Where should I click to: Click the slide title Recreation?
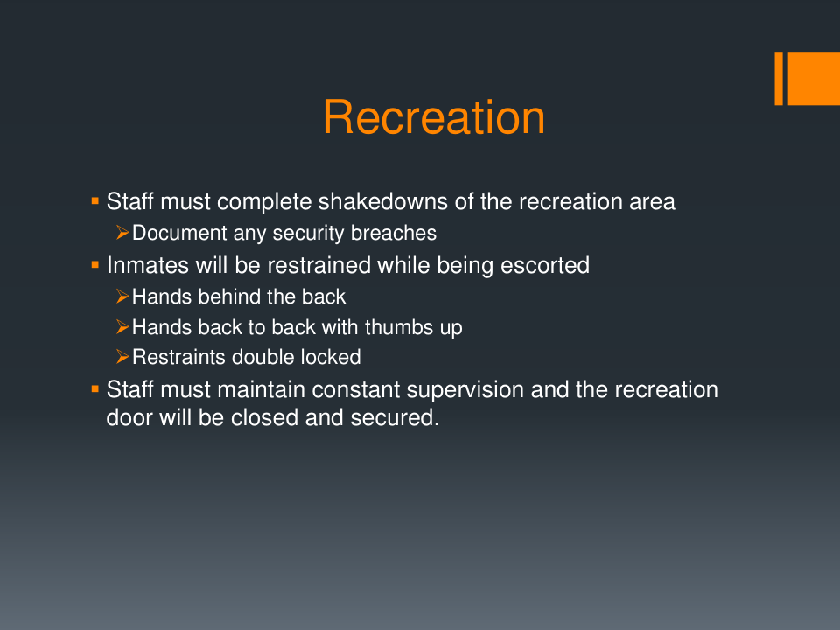tap(434, 117)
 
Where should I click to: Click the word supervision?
tap(465, 389)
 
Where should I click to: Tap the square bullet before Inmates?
tap(95, 264)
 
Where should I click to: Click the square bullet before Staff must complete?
tap(95, 201)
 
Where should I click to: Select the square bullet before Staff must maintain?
tap(95, 388)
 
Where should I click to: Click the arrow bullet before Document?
tap(122, 233)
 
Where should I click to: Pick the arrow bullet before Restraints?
tap(122, 357)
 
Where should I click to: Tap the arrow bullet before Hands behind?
tap(122, 296)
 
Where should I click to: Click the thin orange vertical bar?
tap(779, 79)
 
